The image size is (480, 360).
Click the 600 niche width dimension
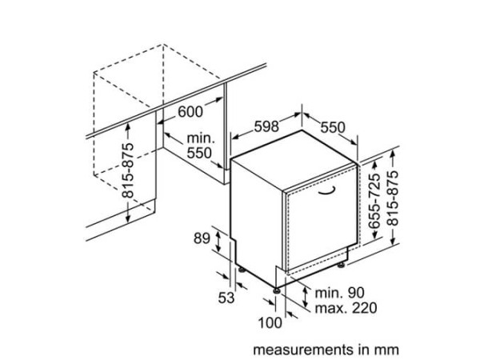pyautogui.click(x=190, y=111)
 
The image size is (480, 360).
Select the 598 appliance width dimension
pyautogui.click(x=266, y=126)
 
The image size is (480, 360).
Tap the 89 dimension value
pyautogui.click(x=202, y=238)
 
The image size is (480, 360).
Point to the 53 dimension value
pyautogui.click(x=226, y=298)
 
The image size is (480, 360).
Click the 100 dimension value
pyautogui.click(x=270, y=322)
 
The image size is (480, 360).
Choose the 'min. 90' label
pyautogui.click(x=340, y=293)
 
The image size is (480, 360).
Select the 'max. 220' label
pyautogui.click(x=346, y=308)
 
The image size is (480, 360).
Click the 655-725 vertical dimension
pyautogui.click(x=374, y=201)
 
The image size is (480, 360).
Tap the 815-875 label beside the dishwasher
pyautogui.click(x=393, y=198)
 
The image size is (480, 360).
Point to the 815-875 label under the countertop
pyautogui.click(x=128, y=170)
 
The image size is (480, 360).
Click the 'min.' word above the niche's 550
pyautogui.click(x=201, y=138)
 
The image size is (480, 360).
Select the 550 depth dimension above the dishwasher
pyautogui.click(x=333, y=127)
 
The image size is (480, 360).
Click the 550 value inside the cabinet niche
pyautogui.click(x=199, y=153)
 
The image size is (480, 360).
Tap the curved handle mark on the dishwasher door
pyautogui.click(x=327, y=192)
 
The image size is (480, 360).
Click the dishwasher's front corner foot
pyautogui.click(x=277, y=290)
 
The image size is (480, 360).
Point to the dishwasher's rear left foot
pyautogui.click(x=242, y=270)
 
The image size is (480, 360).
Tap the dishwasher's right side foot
pyautogui.click(x=341, y=265)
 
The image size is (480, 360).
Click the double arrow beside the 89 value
pyautogui.click(x=218, y=242)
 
